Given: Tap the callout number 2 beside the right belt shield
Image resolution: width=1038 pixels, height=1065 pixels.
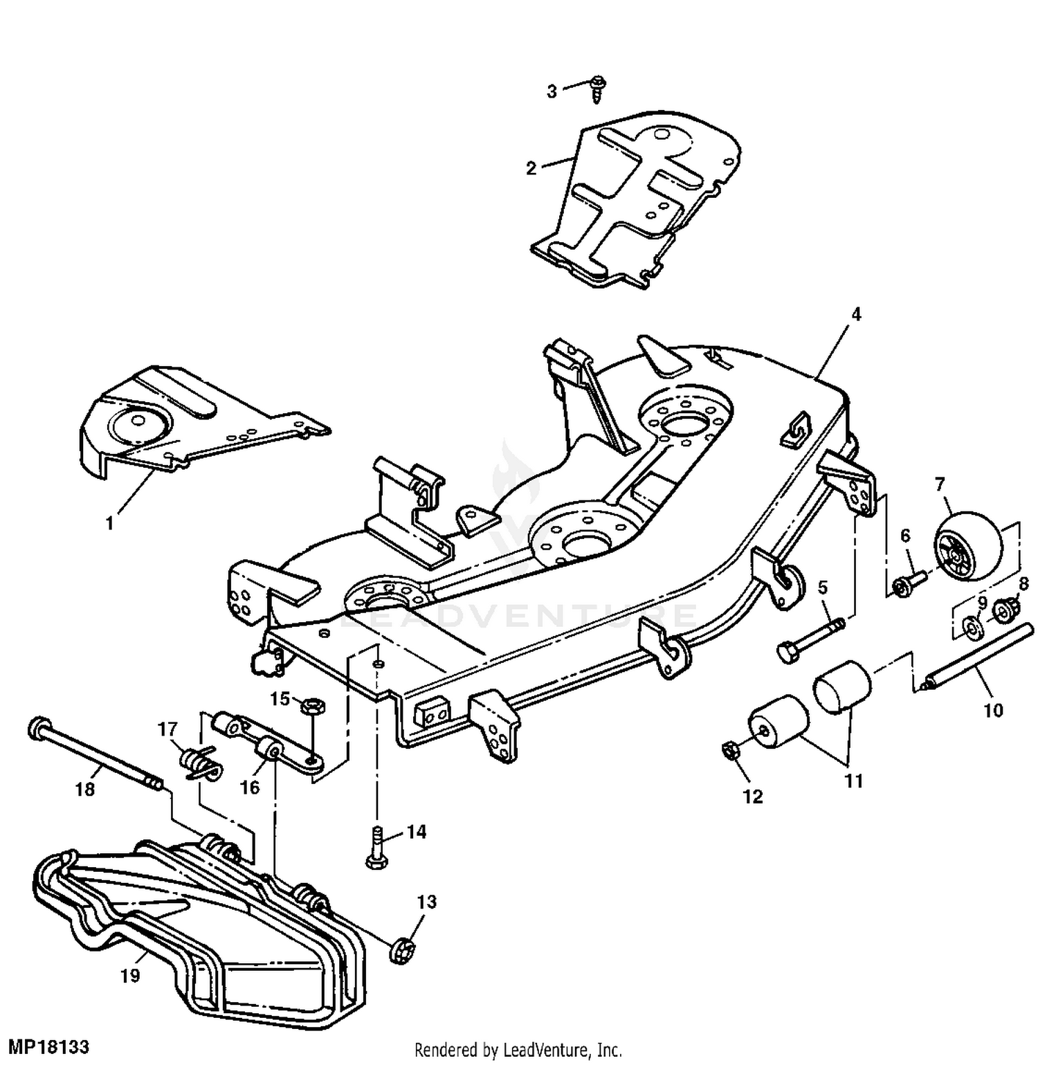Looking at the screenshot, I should pyautogui.click(x=531, y=168).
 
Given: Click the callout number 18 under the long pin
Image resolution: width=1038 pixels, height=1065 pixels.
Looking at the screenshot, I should pyautogui.click(x=85, y=788).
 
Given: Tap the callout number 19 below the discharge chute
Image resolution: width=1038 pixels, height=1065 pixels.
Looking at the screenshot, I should pyautogui.click(x=130, y=976).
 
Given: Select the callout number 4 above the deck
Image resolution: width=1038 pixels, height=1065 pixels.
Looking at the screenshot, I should pyautogui.click(x=856, y=314).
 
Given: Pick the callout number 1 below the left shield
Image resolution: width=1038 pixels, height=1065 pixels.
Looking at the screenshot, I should pyautogui.click(x=109, y=524).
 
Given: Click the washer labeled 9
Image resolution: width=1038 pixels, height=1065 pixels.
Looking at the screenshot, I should pyautogui.click(x=972, y=628).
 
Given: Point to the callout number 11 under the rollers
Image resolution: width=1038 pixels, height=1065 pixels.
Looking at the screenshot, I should pyautogui.click(x=854, y=781).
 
